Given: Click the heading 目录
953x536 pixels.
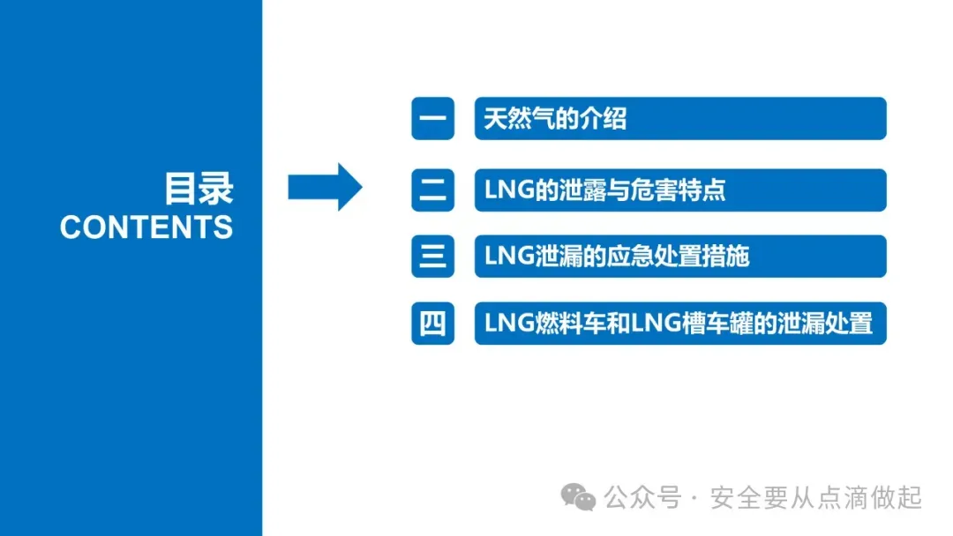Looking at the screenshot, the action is (199, 188).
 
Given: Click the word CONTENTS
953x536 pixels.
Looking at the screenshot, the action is (146, 227).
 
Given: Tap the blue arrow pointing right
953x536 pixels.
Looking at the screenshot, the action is (325, 186).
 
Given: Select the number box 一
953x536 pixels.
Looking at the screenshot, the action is (432, 119).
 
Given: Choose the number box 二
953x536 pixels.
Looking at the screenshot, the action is (432, 190).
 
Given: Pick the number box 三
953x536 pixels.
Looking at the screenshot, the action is (432, 257).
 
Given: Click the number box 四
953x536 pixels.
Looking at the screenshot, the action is (432, 323).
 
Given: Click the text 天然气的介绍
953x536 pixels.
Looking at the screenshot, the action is (555, 119).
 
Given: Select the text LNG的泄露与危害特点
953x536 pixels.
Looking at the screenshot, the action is (604, 190).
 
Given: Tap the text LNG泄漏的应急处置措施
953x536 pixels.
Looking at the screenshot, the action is (616, 257).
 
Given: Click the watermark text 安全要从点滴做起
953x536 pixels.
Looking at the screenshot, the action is (815, 498).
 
